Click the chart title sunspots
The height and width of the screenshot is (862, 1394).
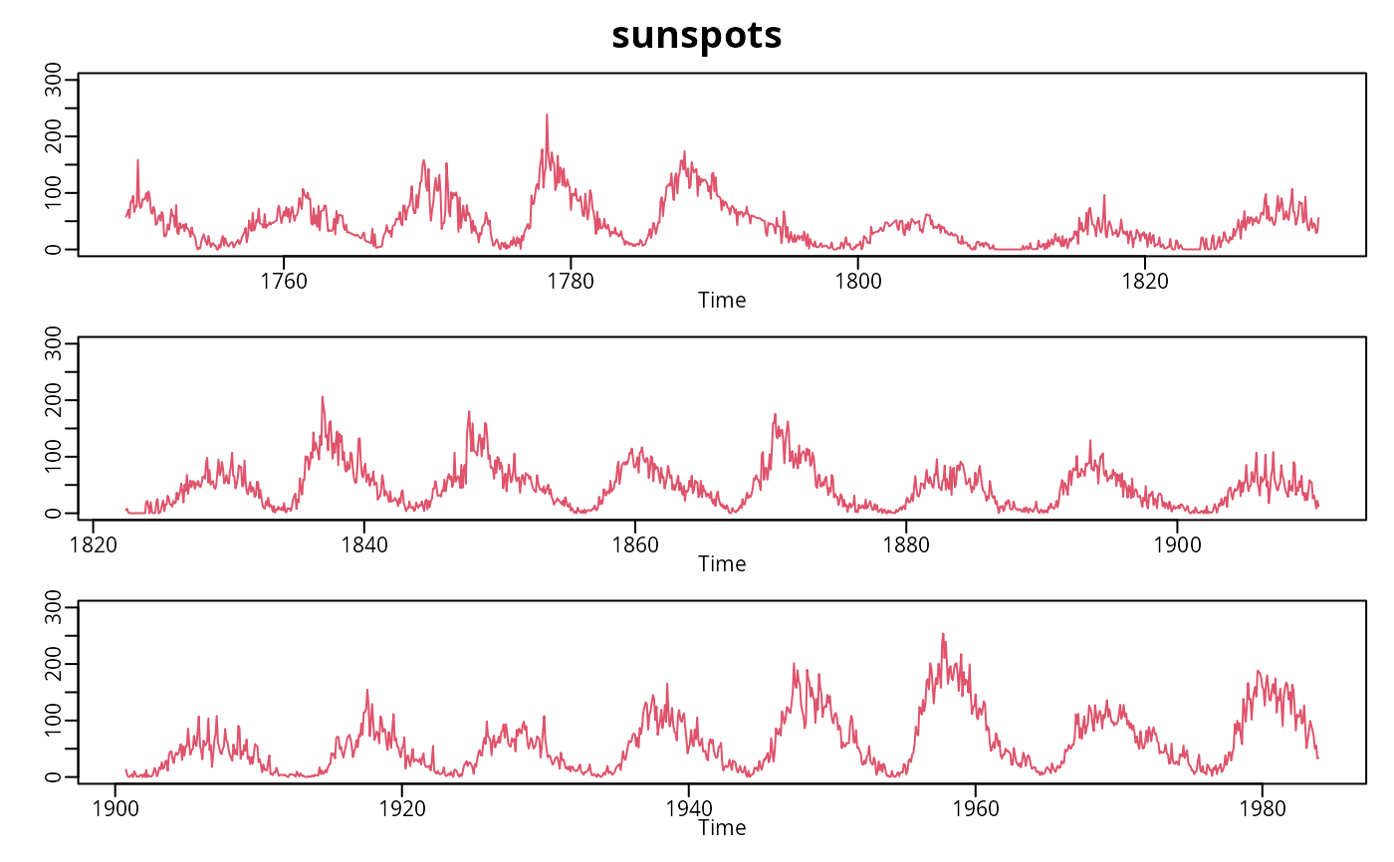[x=697, y=35]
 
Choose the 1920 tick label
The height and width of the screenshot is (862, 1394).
[x=402, y=807]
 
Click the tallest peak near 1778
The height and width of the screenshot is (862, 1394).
[x=547, y=114]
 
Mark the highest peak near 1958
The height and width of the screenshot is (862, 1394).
[x=943, y=634]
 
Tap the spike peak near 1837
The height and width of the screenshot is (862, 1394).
[x=323, y=397]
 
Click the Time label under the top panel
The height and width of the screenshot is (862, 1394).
[x=722, y=300]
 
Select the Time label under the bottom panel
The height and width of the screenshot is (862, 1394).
[x=722, y=827]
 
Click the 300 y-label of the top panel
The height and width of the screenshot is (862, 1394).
[x=54, y=80]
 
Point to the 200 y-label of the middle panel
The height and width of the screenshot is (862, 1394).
[x=54, y=400]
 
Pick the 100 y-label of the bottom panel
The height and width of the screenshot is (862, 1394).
[x=54, y=720]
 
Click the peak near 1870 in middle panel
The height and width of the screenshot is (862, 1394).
[x=775, y=414]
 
